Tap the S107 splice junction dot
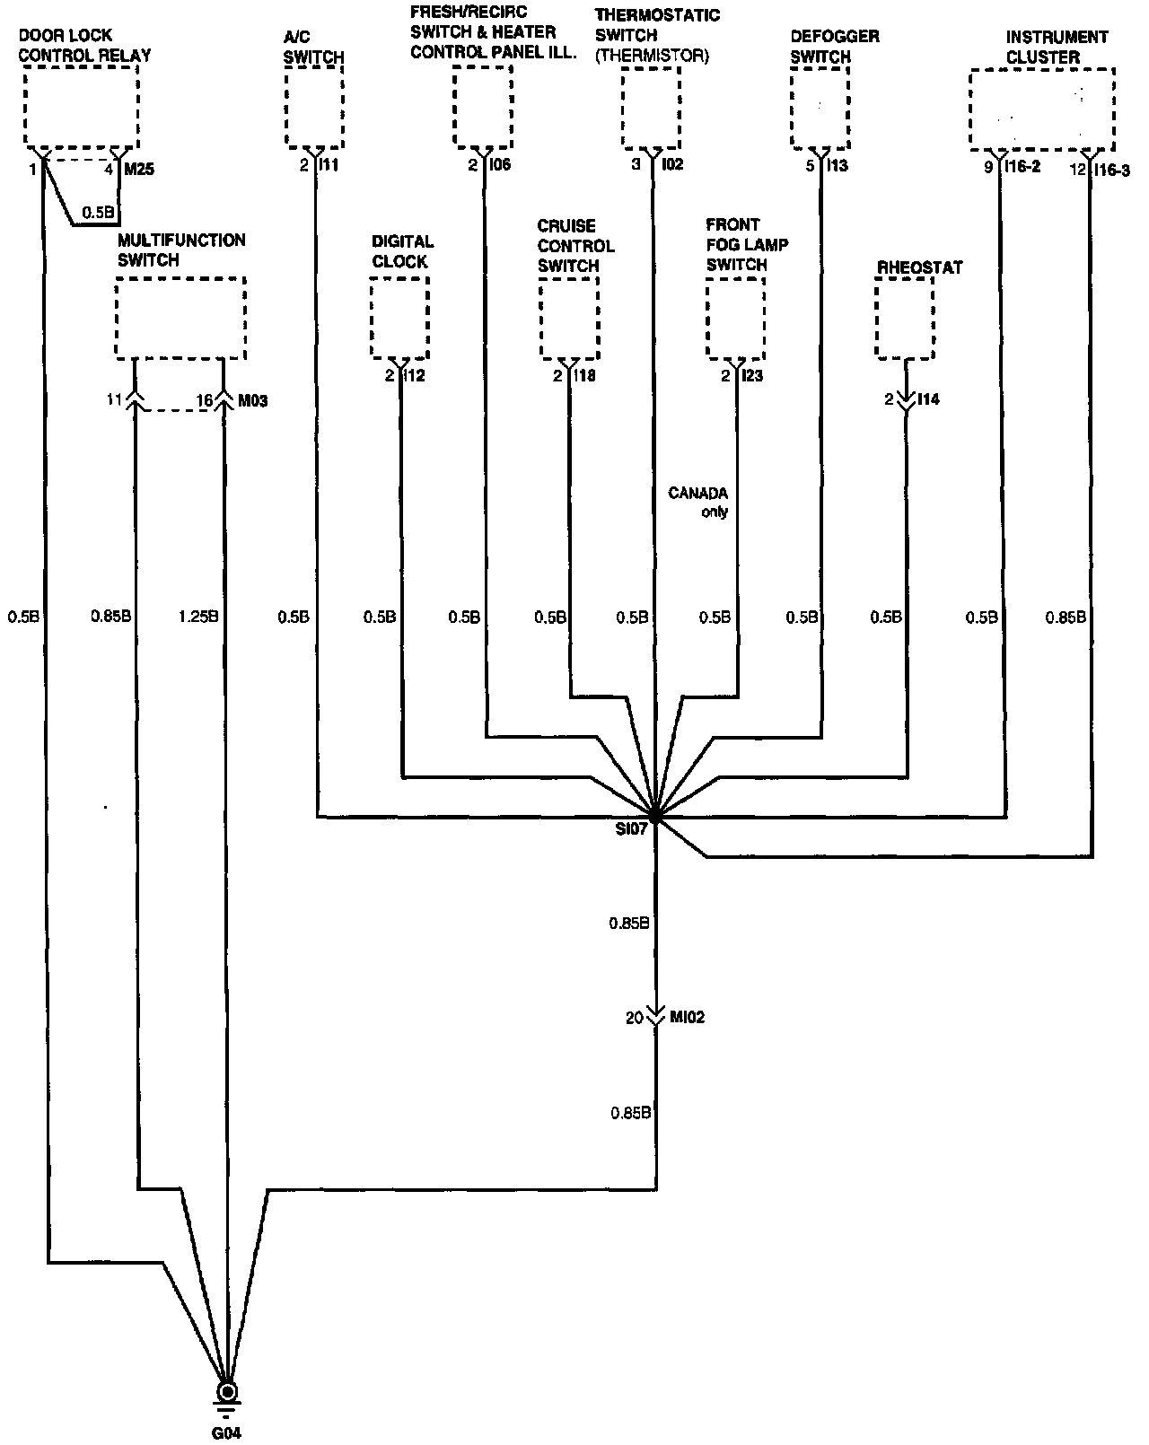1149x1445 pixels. [x=656, y=817]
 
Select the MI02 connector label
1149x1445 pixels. [x=688, y=1018]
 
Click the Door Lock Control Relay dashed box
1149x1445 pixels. [x=82, y=109]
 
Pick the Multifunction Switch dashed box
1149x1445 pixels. [x=180, y=318]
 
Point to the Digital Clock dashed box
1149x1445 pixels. [x=399, y=317]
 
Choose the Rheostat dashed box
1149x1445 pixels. [x=905, y=318]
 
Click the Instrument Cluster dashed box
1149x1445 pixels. [x=1041, y=109]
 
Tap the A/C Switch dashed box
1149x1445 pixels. [x=315, y=109]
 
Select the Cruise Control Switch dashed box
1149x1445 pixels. [x=569, y=318]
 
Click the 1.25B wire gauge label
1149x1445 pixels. [x=198, y=617]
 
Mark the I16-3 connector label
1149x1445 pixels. [x=1113, y=169]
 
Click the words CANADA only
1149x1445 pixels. [x=698, y=503]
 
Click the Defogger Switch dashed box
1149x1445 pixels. [x=820, y=109]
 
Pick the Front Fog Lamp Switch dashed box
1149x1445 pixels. [x=736, y=318]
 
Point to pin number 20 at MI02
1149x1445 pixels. [x=635, y=1018]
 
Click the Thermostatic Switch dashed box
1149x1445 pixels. [x=651, y=109]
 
